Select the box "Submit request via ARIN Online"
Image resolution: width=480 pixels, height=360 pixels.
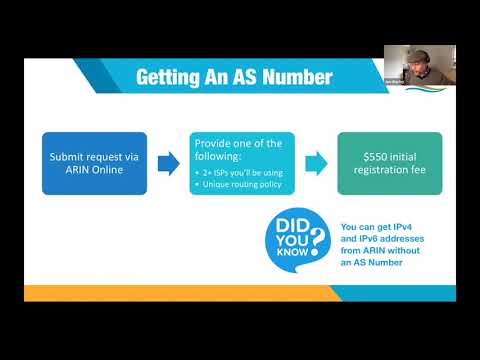[94, 163]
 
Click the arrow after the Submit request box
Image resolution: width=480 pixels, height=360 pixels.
[168, 163]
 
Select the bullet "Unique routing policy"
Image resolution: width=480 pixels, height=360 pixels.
[241, 185]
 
